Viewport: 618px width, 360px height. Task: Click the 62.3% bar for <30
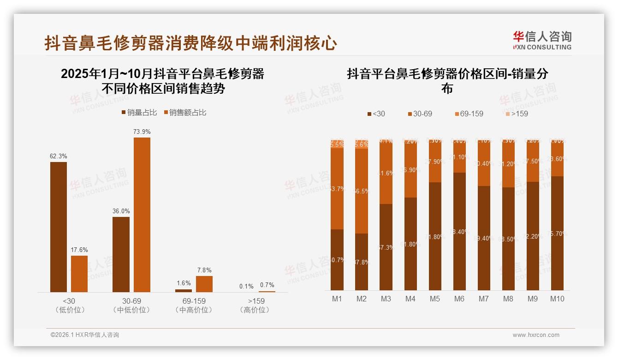pyautogui.click(x=59, y=227)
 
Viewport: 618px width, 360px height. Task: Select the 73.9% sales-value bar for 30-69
pyautogui.click(x=142, y=215)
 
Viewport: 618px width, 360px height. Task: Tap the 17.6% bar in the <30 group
pyautogui.click(x=79, y=274)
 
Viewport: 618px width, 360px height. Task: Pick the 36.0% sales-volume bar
pyautogui.click(x=121, y=254)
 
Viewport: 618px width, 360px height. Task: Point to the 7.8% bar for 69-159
pyautogui.click(x=204, y=284)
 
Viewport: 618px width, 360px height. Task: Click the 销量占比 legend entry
pyautogui.click(x=139, y=113)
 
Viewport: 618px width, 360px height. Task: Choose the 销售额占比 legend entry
pyautogui.click(x=185, y=113)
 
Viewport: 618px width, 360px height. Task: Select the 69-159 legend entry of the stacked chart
pyautogui.click(x=469, y=114)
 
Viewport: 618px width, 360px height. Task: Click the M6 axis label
pyautogui.click(x=459, y=299)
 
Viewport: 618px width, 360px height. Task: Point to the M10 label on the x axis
pyautogui.click(x=557, y=299)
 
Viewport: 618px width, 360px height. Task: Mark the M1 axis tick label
pyautogui.click(x=337, y=299)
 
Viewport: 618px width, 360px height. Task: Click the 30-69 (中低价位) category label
pyautogui.click(x=131, y=305)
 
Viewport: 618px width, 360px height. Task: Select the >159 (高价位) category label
pyautogui.click(x=254, y=305)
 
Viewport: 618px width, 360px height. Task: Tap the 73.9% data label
pyautogui.click(x=142, y=132)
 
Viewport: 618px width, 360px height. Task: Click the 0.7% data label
pyautogui.click(x=267, y=285)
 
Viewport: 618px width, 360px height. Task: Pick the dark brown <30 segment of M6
pyautogui.click(x=459, y=231)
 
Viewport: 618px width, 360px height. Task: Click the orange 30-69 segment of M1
pyautogui.click(x=337, y=188)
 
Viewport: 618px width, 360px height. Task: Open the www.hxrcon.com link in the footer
pyautogui.click(x=536, y=335)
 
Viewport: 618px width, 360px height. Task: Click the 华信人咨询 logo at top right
pyautogui.click(x=542, y=40)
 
